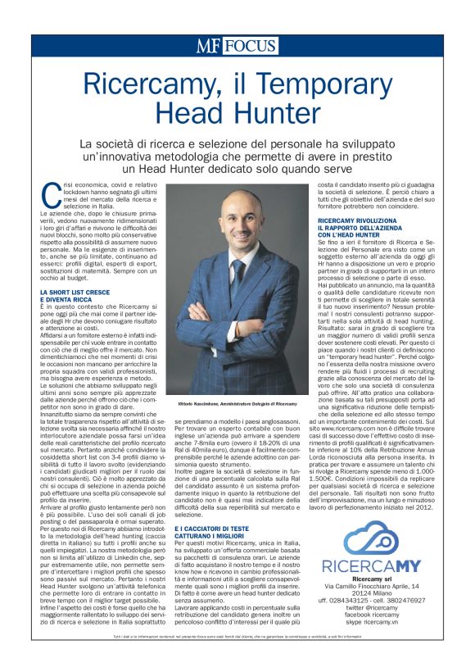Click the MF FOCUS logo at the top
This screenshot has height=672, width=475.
click(237, 46)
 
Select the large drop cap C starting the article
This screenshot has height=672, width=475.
click(50, 193)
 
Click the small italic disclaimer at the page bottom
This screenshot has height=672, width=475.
click(237, 660)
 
